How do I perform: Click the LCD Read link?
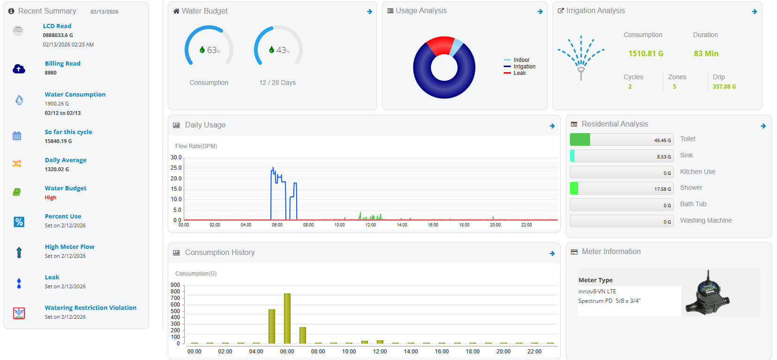(57, 26)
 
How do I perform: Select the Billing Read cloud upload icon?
(19, 69)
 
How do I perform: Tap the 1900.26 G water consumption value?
(57, 104)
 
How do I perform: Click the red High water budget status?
(51, 197)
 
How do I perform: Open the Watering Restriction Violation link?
(90, 308)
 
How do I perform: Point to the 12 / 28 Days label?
(277, 82)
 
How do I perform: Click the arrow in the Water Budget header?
(370, 12)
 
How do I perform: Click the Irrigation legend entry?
(524, 67)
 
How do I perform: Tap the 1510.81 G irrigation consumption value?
(645, 53)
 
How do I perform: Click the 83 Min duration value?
(706, 53)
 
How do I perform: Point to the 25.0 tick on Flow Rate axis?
(176, 168)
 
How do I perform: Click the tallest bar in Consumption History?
(287, 318)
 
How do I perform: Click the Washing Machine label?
(706, 220)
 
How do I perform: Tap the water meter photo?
(708, 293)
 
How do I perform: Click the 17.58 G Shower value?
(663, 189)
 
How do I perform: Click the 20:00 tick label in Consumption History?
(503, 352)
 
